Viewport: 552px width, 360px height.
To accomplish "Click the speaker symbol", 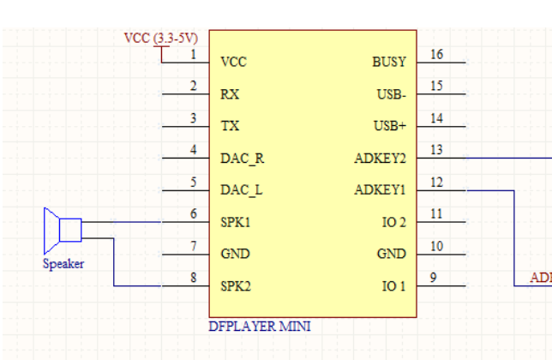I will click(x=63, y=229).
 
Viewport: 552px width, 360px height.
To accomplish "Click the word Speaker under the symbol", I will click(x=63, y=264).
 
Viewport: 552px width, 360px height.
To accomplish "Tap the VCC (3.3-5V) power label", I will click(x=161, y=38).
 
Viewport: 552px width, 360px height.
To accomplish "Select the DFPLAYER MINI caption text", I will click(x=260, y=327).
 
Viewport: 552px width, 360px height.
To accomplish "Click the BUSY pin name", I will click(x=389, y=63).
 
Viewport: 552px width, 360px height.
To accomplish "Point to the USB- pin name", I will click(x=391, y=94).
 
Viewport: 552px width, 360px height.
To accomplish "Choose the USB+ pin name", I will click(x=390, y=126).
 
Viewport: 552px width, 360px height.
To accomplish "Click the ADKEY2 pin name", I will click(x=380, y=159).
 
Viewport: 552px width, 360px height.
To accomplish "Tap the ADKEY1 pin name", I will click(x=380, y=190).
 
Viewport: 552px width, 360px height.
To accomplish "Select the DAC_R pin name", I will click(x=242, y=159).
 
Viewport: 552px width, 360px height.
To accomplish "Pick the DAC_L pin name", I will click(x=241, y=190).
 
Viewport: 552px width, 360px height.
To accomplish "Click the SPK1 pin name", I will click(x=235, y=223).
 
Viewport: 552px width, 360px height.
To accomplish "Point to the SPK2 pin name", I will click(x=236, y=286).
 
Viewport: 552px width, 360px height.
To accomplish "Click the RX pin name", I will click(x=230, y=94).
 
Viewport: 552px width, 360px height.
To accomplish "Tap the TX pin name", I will click(x=230, y=126).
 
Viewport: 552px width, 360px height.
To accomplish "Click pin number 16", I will click(x=437, y=55).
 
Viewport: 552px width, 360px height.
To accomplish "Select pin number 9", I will click(x=434, y=278).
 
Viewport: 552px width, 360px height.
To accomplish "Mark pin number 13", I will click(x=437, y=150).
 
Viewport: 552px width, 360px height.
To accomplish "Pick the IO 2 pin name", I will click(x=393, y=223).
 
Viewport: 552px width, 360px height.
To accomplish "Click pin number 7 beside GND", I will click(x=194, y=246).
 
